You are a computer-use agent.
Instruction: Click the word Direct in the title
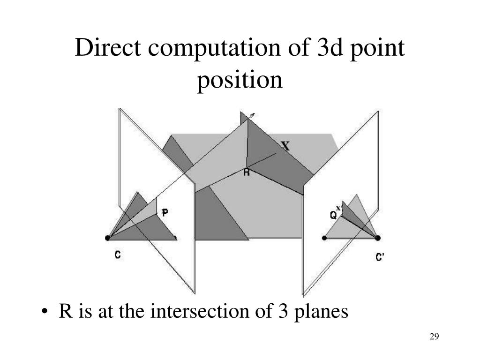tap(102, 49)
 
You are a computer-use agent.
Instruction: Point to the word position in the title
tap(240, 80)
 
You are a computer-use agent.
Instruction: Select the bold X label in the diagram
tap(285, 146)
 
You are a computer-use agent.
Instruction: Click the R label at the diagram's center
tap(247, 172)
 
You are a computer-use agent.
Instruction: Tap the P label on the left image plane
tap(165, 213)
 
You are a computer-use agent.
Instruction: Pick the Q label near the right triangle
tap(334, 215)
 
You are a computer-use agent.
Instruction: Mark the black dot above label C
tap(108, 238)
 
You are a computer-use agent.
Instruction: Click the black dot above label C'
tap(377, 238)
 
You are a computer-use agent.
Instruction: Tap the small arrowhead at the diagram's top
tap(253, 115)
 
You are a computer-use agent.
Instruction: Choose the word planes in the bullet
tap(323, 312)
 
